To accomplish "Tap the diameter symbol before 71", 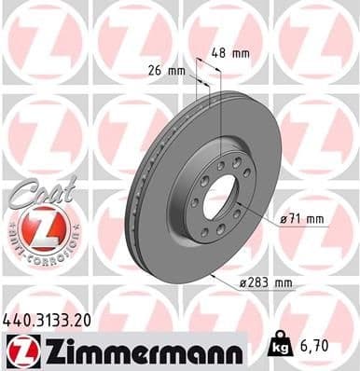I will (283, 221).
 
